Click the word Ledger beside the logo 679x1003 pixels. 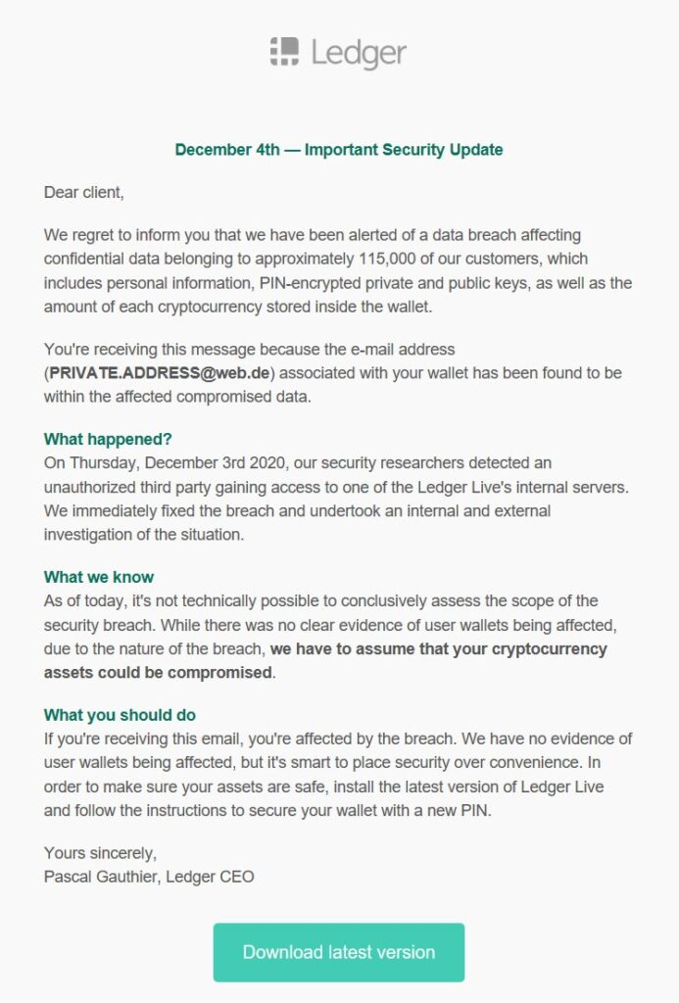tap(359, 53)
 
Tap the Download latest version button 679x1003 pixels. tap(339, 952)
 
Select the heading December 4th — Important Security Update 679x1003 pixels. tap(339, 150)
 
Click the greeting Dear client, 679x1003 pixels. tap(84, 193)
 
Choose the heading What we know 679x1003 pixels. tap(99, 577)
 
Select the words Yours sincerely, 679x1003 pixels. tap(100, 854)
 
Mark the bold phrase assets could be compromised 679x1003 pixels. tap(159, 673)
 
